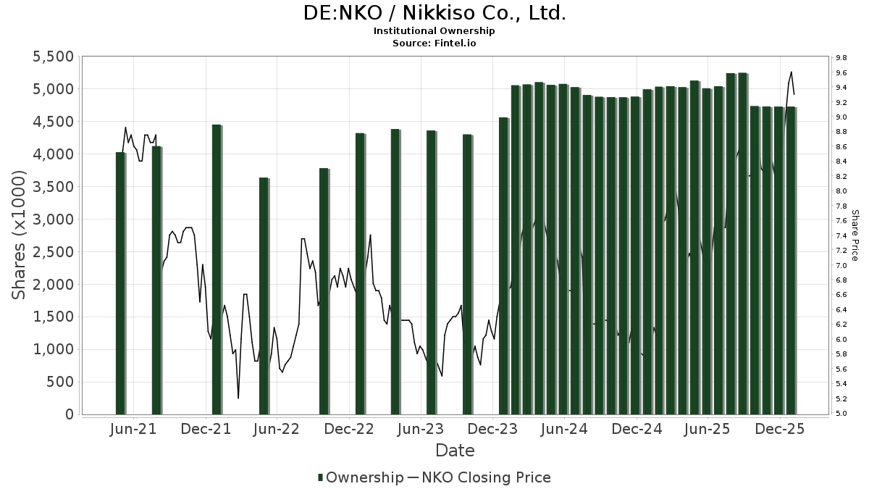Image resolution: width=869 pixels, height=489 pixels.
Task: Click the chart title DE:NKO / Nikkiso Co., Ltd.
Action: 434,13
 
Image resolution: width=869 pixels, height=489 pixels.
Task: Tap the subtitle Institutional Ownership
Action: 434,31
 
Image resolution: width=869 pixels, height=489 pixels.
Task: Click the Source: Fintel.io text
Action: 434,43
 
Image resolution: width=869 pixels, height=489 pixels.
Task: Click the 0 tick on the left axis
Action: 70,414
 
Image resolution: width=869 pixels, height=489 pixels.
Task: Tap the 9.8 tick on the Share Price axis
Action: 841,57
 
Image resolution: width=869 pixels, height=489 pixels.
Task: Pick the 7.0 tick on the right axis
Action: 841,265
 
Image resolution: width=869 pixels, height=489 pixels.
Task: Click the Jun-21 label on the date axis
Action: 134,429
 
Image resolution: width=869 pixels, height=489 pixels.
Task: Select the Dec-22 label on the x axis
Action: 349,429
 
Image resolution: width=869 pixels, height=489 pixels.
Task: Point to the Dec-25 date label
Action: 780,429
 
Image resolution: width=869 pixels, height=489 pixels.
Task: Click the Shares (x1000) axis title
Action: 20,235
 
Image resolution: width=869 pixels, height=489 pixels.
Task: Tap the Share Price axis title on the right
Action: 855,235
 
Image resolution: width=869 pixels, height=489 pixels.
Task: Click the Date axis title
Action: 455,451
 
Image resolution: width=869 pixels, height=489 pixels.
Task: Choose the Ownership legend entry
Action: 361,477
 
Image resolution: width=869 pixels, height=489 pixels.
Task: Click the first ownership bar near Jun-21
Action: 120,283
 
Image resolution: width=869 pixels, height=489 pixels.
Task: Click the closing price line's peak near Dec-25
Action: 792,72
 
